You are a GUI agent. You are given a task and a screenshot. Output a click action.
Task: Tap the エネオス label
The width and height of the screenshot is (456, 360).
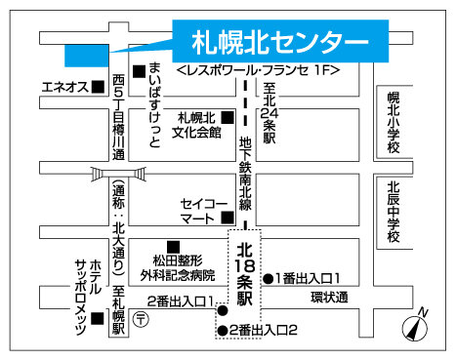click(63, 87)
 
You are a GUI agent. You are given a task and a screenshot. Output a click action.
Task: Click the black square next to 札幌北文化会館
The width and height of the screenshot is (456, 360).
click(228, 118)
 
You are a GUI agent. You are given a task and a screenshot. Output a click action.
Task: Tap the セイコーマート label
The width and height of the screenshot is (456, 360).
click(202, 212)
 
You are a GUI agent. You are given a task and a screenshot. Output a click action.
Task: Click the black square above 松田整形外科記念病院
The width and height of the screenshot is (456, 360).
click(174, 245)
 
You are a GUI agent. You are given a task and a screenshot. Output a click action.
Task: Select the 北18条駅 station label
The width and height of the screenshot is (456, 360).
click(246, 265)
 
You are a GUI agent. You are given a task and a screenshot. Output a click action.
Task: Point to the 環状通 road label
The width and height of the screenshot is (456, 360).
click(329, 297)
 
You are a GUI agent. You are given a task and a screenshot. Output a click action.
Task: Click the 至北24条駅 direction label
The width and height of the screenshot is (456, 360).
click(269, 112)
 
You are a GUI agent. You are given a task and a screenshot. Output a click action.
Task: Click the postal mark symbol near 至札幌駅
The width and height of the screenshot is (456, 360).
click(142, 319)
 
